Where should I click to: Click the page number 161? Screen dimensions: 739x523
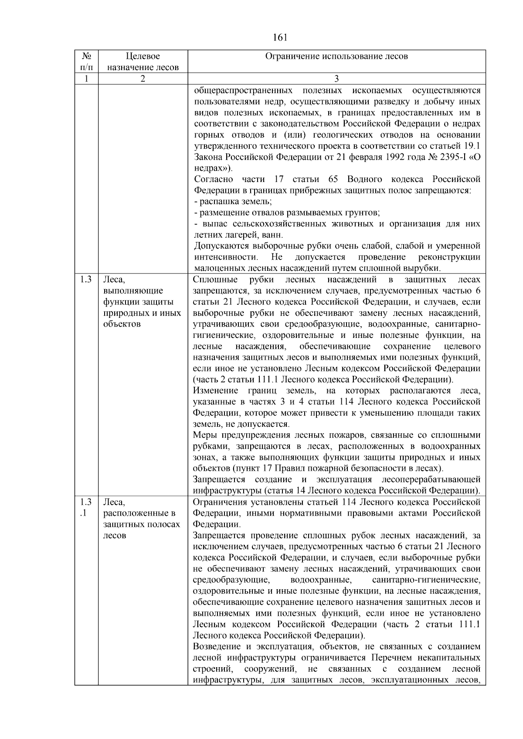coord(280,37)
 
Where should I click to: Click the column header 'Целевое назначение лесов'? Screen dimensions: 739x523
coord(143,61)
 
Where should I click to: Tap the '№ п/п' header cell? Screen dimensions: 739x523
coord(87,61)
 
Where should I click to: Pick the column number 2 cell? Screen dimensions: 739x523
coord(143,79)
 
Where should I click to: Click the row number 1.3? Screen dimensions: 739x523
coord(86,280)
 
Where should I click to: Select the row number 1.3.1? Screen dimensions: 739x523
coord(86,507)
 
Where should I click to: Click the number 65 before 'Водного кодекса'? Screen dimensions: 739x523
coord(333,179)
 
